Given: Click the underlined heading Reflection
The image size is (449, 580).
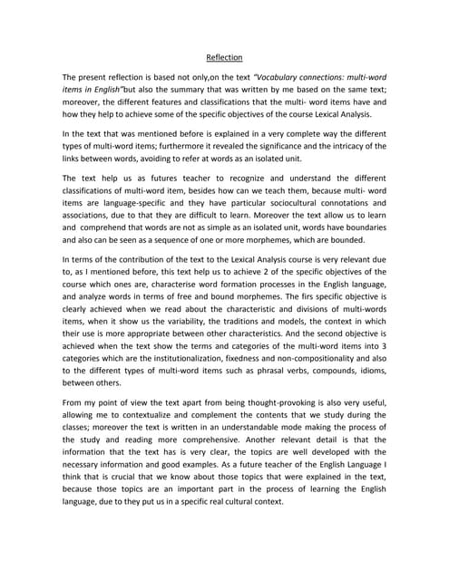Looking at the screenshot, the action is (x=224, y=57).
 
